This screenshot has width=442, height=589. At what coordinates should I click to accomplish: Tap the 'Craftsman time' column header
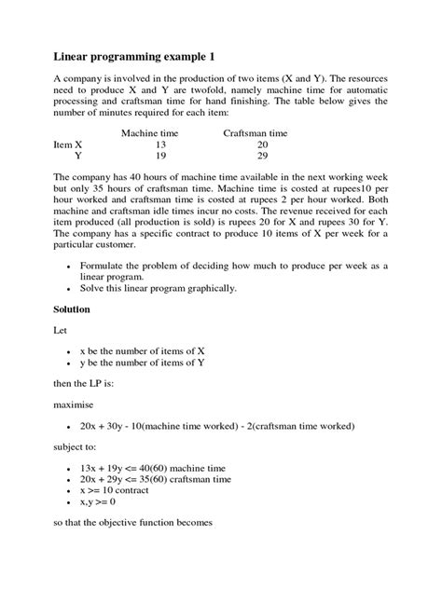coord(256,133)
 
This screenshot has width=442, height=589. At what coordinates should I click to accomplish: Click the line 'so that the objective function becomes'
coord(134,524)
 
